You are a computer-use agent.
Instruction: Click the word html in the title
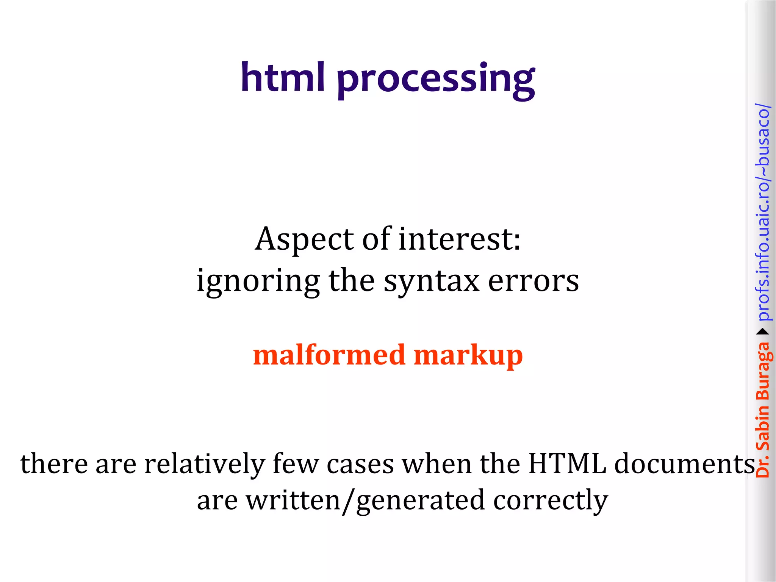tap(283, 78)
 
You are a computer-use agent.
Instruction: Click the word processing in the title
tap(436, 80)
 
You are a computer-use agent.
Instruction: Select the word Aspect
tap(305, 239)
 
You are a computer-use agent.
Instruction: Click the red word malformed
tap(329, 355)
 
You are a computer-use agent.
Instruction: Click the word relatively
tap(205, 464)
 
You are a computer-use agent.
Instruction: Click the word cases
tap(360, 465)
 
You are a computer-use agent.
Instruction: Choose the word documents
tap(684, 464)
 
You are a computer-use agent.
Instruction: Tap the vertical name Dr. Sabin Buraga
tap(763, 409)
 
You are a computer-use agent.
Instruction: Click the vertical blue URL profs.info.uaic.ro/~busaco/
tap(763, 212)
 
